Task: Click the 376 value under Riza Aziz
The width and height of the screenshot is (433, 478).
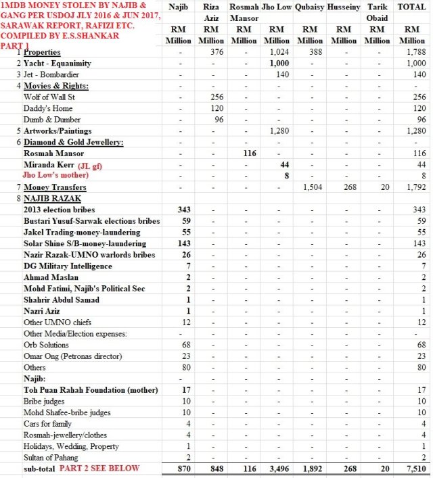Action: pyautogui.click(x=216, y=52)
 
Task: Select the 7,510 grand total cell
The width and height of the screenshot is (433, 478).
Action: pyautogui.click(x=414, y=469)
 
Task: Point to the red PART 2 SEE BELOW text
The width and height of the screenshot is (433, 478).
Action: pyautogui.click(x=99, y=469)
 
